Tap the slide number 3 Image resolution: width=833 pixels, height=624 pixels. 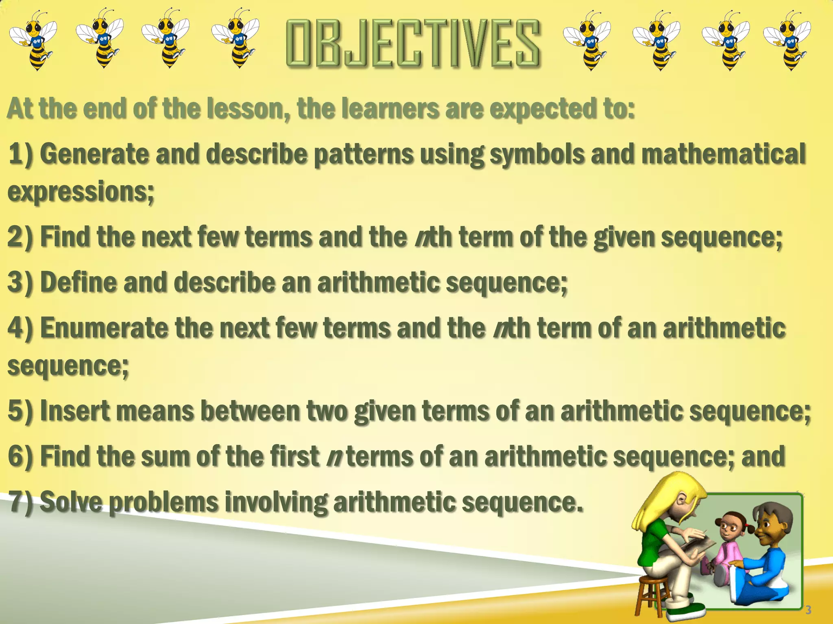[x=808, y=609]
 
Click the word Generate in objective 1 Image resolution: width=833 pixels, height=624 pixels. [x=94, y=154]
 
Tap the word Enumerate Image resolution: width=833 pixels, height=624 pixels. [x=104, y=328]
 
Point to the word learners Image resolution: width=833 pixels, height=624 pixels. [x=390, y=109]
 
